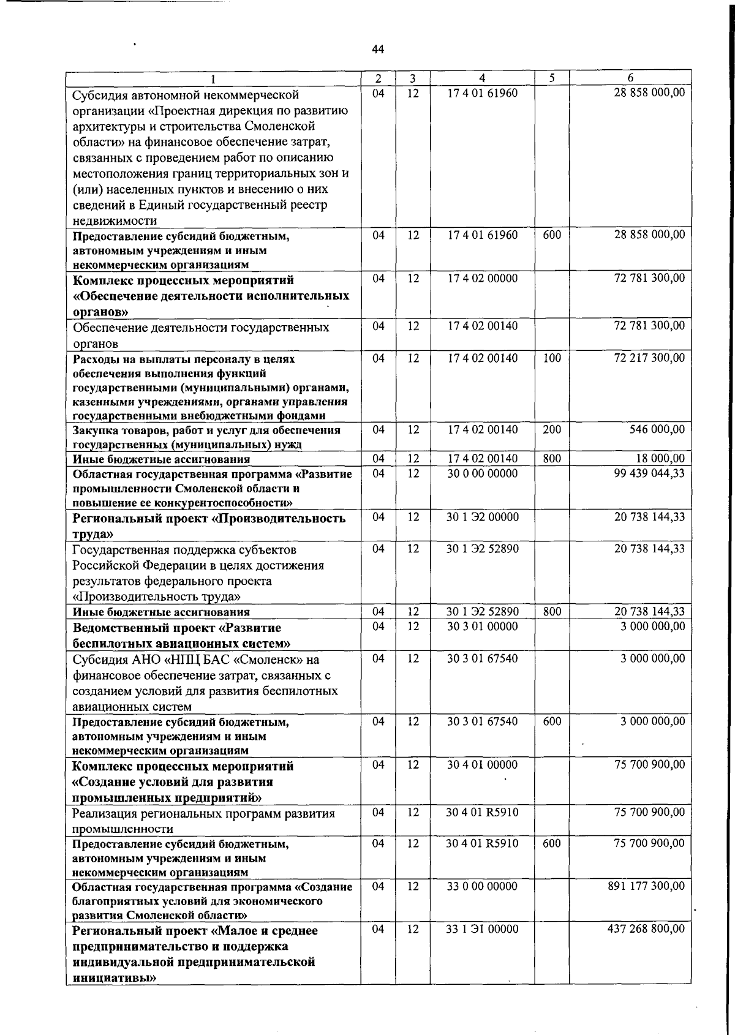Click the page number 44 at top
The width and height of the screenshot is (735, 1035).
pos(378,50)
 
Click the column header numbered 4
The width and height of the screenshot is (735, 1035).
pos(482,78)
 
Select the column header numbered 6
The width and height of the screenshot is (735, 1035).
pos(630,78)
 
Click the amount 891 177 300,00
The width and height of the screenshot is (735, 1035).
pos(646,886)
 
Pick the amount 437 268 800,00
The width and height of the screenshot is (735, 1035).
pos(646,930)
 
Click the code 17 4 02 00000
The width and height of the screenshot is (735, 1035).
pos(482,279)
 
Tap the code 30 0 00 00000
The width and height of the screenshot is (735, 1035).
pos(482,473)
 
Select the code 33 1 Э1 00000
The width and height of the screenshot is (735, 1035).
pos(482,930)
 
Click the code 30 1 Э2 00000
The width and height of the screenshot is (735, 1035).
pos(482,517)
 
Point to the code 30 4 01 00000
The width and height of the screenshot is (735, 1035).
pos(482,765)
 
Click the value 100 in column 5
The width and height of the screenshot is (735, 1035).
pos(552,358)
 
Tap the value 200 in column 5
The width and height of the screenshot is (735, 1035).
pos(552,430)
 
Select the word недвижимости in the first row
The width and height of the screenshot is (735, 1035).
pos(115,220)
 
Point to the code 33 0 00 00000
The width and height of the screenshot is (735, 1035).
pos(482,886)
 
